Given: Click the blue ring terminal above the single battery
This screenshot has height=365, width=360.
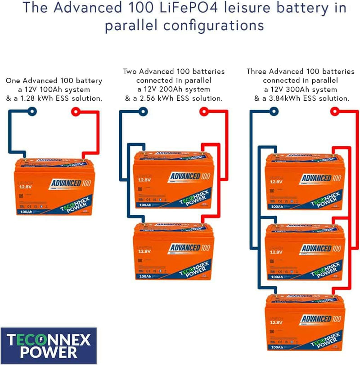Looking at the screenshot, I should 31,111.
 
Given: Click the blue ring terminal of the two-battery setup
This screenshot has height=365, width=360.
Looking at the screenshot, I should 143,111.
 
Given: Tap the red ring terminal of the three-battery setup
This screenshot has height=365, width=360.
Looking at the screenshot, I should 334,111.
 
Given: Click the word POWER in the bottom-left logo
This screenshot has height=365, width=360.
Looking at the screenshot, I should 49,352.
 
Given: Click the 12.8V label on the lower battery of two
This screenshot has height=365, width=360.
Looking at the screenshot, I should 144,252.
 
